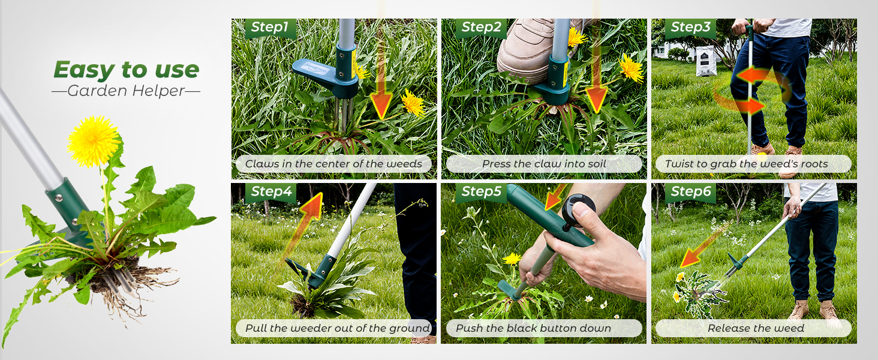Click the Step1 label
tap(270, 27)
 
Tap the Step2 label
tap(481, 27)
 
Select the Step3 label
tap(691, 27)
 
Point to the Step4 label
tap(271, 191)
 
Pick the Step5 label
tap(481, 191)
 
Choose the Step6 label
tap(691, 191)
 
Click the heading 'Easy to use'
tap(126, 70)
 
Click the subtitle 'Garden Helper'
tap(126, 91)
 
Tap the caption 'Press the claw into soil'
tap(544, 164)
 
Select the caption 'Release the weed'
tap(756, 328)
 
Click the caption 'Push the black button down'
tap(533, 328)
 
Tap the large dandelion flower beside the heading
tap(94, 141)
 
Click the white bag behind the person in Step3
tap(706, 61)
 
